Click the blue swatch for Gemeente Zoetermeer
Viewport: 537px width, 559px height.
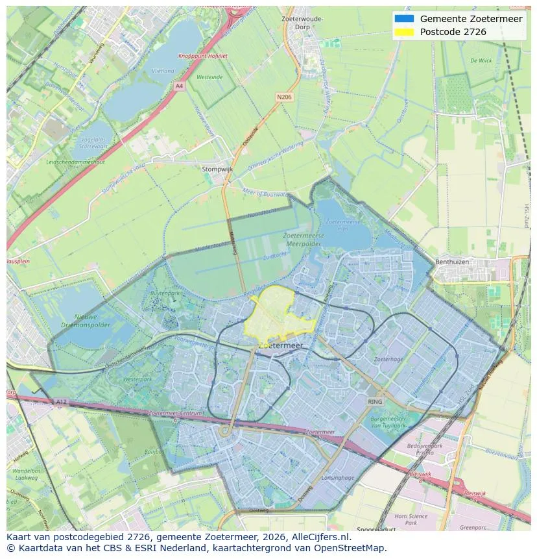[403, 19]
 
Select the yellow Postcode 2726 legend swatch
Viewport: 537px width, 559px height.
[403, 32]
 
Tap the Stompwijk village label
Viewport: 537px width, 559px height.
[217, 169]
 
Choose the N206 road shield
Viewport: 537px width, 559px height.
[283, 97]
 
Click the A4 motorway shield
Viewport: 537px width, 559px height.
[179, 86]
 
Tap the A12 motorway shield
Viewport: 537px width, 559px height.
[60, 402]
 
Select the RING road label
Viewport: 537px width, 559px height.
[375, 402]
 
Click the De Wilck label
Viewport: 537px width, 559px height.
[481, 60]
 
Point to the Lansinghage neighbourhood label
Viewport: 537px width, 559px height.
[338, 477]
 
